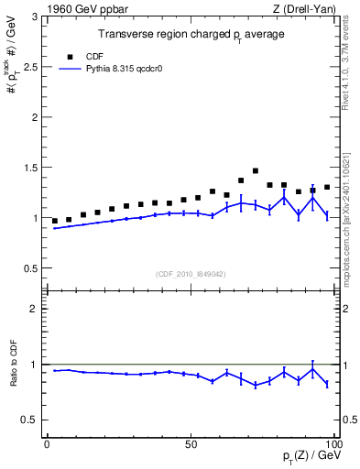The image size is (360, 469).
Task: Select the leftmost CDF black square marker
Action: pyautogui.click(x=55, y=221)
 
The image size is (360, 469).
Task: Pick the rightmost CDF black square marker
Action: pyautogui.click(x=327, y=187)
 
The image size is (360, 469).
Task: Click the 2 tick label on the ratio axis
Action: pyautogui.click(x=36, y=309)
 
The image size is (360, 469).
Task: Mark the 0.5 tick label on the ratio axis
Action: pyautogui.click(x=30, y=420)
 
